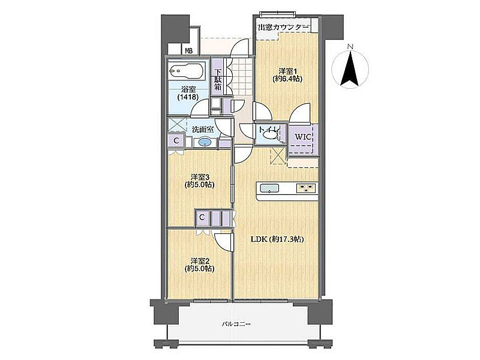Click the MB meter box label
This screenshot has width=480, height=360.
pyautogui.click(x=188, y=51)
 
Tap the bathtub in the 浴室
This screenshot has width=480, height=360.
pyautogui.click(x=187, y=71)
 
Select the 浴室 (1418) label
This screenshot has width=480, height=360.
pyautogui.click(x=188, y=93)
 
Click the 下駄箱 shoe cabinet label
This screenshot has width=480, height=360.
pyautogui.click(x=218, y=80)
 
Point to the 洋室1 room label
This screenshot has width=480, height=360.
pyautogui.click(x=287, y=75)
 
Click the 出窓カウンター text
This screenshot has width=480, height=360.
pyautogui.click(x=283, y=27)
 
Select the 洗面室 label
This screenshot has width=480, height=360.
pyautogui.click(x=203, y=130)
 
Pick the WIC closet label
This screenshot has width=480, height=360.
pyautogui.click(x=303, y=137)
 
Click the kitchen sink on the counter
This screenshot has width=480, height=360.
pyautogui.click(x=269, y=188)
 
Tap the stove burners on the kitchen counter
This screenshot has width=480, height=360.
pyautogui.click(x=306, y=188)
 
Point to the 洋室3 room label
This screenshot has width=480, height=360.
pyautogui.click(x=199, y=181)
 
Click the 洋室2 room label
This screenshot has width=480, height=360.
pyautogui.click(x=199, y=265)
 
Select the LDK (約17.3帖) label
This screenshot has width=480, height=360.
pyautogui.click(x=277, y=239)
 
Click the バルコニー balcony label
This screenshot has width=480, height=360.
pyautogui.click(x=236, y=324)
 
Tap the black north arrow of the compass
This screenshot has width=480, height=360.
pyautogui.click(x=350, y=68)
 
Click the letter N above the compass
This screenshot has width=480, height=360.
pyautogui.click(x=351, y=47)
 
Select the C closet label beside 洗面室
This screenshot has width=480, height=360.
pyautogui.click(x=176, y=140)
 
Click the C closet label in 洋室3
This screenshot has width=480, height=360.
pyautogui.click(x=202, y=217)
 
